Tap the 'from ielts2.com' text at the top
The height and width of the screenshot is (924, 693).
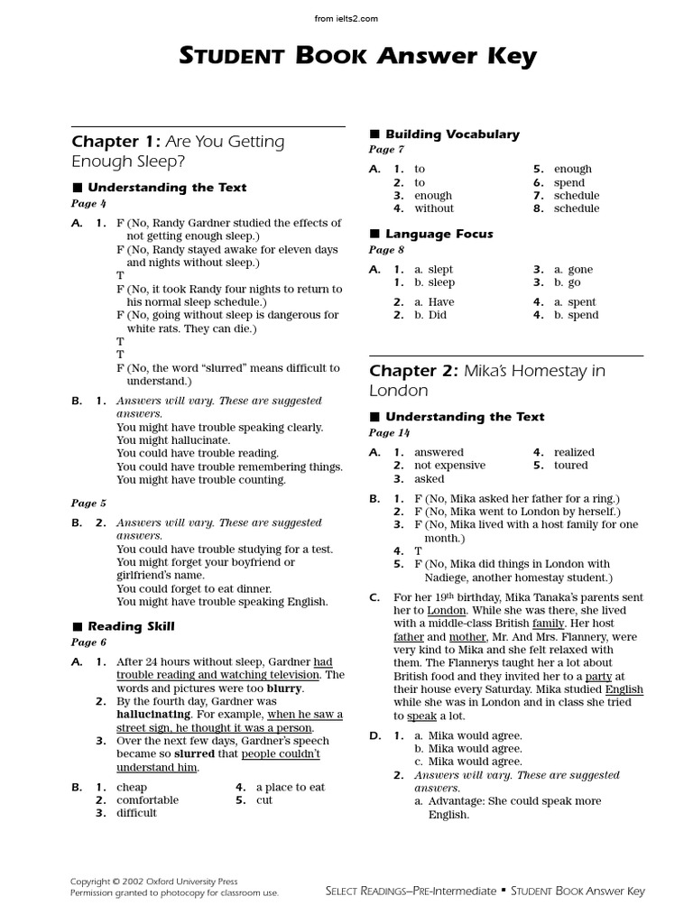tap(346, 18)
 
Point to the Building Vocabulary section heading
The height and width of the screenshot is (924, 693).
tap(452, 134)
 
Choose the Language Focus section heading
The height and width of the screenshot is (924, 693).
tap(439, 234)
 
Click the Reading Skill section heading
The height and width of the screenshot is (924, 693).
tap(131, 626)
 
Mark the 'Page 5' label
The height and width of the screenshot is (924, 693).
tap(88, 504)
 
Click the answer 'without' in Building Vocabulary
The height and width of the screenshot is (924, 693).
tap(434, 208)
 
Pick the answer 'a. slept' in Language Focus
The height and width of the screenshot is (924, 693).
tap(434, 270)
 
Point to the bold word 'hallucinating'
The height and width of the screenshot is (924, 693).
tap(159, 714)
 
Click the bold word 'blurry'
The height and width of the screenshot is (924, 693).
tap(283, 688)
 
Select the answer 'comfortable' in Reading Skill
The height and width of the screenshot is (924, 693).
tap(147, 800)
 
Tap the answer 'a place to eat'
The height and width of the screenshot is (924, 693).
tap(291, 787)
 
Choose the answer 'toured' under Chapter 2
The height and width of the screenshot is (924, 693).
tap(570, 466)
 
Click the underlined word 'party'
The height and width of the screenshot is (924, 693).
tap(598, 676)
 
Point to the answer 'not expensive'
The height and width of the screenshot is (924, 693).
tap(449, 466)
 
